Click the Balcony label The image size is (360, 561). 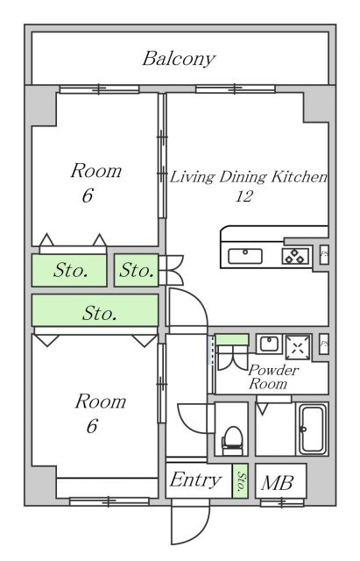point(179,60)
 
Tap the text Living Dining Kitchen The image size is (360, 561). point(248,177)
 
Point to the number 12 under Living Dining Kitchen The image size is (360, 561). point(244,196)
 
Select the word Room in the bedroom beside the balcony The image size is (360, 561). point(95,171)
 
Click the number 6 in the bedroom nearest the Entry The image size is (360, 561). point(91,427)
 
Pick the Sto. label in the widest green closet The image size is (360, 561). point(101,312)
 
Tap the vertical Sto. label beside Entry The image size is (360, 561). point(241,481)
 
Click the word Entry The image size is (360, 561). point(194,480)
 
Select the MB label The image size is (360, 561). point(279,482)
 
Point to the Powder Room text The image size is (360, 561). point(273,377)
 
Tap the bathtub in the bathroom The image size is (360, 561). point(312,430)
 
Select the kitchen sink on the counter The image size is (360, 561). point(246,256)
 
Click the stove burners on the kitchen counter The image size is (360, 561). point(294,256)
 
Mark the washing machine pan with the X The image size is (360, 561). point(299,346)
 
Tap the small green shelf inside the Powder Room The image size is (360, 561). point(232,339)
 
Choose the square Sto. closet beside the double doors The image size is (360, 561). point(136,271)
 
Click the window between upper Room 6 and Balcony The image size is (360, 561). point(98,89)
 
